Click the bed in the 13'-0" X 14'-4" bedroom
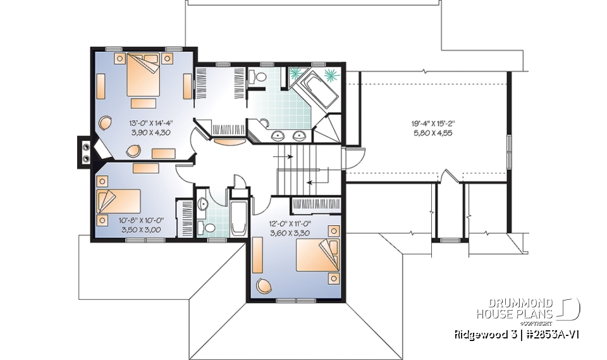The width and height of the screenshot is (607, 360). [143, 75]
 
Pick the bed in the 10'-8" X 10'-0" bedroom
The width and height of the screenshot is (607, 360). [116, 201]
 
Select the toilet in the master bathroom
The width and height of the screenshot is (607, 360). [257, 77]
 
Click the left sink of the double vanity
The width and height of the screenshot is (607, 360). [278, 135]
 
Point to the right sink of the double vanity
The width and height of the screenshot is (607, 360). [299, 135]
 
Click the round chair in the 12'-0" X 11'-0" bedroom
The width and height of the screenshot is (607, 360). [262, 286]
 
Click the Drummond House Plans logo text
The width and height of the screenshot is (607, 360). [516, 308]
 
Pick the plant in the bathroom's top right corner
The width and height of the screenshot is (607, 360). [331, 75]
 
